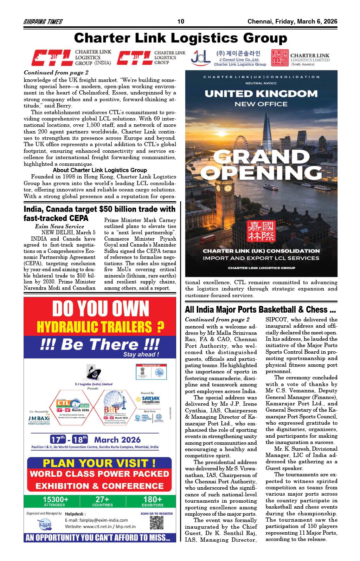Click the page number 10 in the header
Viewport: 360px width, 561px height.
(x=181, y=21)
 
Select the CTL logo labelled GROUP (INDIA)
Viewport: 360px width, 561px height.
(x=71, y=58)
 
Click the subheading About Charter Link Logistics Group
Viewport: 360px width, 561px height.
(x=100, y=170)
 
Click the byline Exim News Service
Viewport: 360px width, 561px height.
(x=59, y=227)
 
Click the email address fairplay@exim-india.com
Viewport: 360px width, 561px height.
(x=96, y=520)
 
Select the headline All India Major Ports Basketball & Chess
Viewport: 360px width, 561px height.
(x=260, y=309)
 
